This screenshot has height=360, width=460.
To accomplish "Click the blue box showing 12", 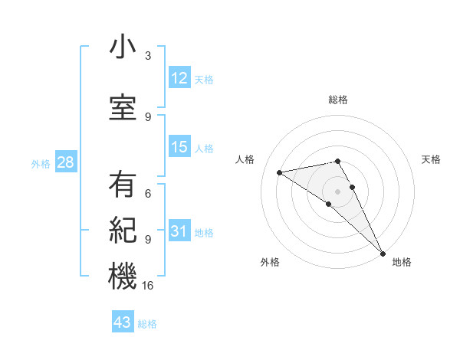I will [179, 78].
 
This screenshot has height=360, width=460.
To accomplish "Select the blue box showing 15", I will [179, 147].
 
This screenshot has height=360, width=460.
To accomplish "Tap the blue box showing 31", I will [179, 232].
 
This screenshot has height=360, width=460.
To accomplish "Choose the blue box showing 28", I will [64, 163].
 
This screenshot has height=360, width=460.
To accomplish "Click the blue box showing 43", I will [122, 322].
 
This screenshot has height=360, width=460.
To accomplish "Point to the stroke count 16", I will [149, 285].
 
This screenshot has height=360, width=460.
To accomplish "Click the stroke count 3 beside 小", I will [148, 56].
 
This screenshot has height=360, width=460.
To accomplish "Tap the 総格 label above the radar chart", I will [337, 100].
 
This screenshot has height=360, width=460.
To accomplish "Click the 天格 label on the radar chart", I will [431, 159].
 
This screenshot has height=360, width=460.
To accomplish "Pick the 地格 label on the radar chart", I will [402, 263].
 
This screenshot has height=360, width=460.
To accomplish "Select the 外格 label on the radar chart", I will [270, 263].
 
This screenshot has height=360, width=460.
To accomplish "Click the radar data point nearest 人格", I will [280, 172].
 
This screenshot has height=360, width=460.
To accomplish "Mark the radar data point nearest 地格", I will [383, 253].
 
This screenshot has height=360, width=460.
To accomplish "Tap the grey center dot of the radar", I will [337, 191].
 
